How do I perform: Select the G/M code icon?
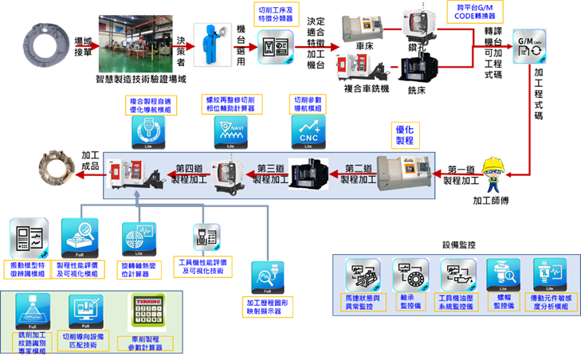(532, 48)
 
